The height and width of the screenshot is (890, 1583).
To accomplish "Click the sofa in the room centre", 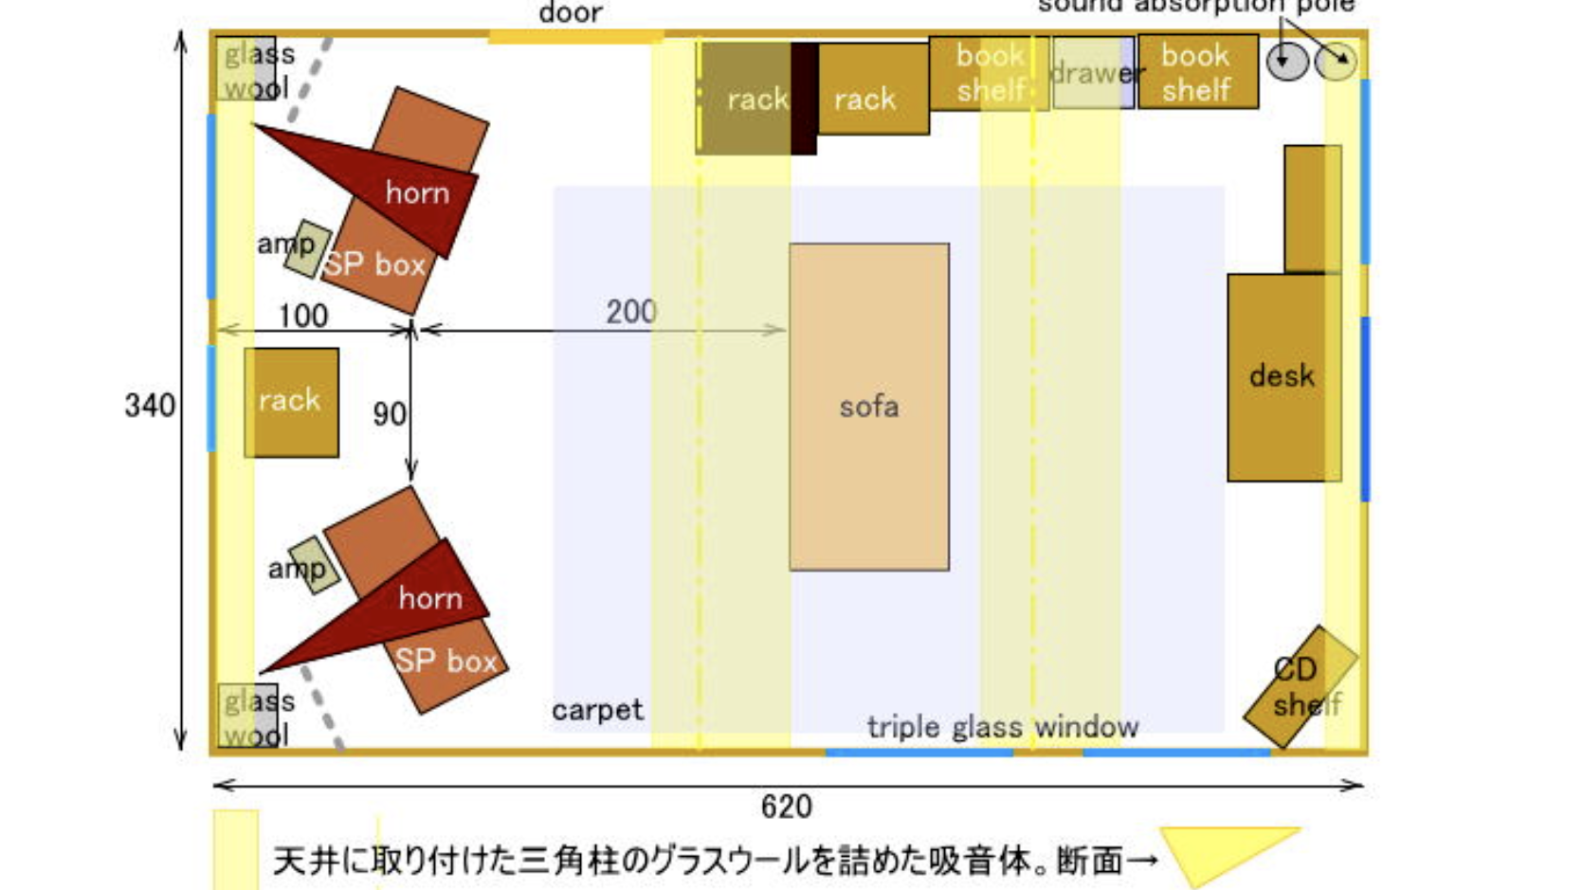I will tap(868, 407).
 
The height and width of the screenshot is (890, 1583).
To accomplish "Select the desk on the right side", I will tap(1283, 377).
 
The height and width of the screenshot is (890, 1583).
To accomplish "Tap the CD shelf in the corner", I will tap(1300, 686).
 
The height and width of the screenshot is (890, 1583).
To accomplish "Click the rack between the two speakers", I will tap(291, 402).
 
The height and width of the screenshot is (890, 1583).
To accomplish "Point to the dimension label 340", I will tap(150, 406).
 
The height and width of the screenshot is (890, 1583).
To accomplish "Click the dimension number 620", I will tap(786, 807).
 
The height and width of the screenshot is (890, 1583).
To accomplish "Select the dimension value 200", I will tap(631, 312).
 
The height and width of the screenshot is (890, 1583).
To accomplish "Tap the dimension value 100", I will tap(303, 316).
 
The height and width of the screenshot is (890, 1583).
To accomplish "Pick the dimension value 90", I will tap(389, 414).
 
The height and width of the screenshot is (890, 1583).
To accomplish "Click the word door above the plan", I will tap(571, 13).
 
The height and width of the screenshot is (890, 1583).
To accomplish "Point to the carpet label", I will tap(597, 710).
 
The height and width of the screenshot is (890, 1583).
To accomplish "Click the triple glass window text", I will tap(1002, 727).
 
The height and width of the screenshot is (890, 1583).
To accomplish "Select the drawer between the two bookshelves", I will tap(1093, 73).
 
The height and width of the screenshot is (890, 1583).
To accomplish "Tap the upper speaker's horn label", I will tap(417, 193).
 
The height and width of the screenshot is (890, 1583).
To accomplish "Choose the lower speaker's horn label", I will tap(430, 598).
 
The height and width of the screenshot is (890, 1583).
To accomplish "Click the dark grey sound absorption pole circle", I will tap(1286, 62).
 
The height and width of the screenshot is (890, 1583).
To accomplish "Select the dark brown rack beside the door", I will tap(745, 99).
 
